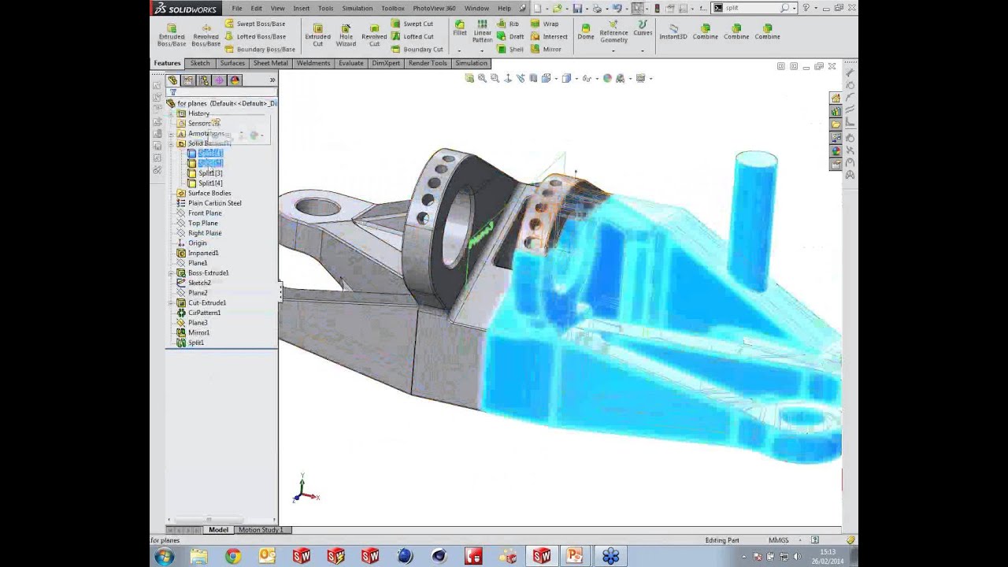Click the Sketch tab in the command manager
200,63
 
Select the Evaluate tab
351,63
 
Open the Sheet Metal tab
270,63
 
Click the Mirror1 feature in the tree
198,332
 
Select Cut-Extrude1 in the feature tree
206,302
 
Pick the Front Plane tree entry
204,213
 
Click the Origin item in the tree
197,243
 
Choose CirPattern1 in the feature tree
204,313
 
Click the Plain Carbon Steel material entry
214,203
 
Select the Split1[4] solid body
209,183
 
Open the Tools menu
325,8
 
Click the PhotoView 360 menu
434,8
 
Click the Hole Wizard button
346,35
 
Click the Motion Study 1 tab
260,530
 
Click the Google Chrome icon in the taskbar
233,557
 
